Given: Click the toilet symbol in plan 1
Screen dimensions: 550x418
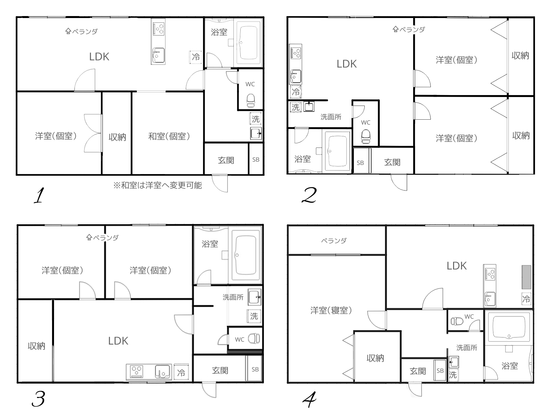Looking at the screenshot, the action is point(250,101).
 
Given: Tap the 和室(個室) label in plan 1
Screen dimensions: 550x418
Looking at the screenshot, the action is point(169,136).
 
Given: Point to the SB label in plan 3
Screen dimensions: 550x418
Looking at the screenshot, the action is point(255,369).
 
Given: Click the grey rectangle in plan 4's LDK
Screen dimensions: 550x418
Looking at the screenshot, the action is point(526,277).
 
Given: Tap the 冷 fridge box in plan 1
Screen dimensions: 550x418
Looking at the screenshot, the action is point(196,57).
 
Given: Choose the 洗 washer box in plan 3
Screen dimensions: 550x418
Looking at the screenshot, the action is point(254,316).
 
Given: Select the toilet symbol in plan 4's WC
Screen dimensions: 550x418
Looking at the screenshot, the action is point(457,321).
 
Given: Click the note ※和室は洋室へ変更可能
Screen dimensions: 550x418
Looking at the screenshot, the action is point(157,186).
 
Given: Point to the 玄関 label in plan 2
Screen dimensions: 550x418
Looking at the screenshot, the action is point(392,162).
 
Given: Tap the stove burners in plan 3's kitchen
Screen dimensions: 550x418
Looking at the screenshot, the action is point(137,371).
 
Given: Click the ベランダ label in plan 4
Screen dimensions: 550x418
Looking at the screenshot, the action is point(334,241).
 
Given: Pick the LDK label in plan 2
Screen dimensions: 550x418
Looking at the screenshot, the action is point(347,64).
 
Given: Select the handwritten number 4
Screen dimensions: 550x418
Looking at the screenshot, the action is point(309,400).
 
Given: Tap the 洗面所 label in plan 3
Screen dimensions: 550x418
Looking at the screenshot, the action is point(233,297).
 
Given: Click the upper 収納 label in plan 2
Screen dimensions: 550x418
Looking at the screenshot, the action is point(520,55).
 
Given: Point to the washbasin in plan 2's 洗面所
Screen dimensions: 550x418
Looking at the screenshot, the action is point(309,106).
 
